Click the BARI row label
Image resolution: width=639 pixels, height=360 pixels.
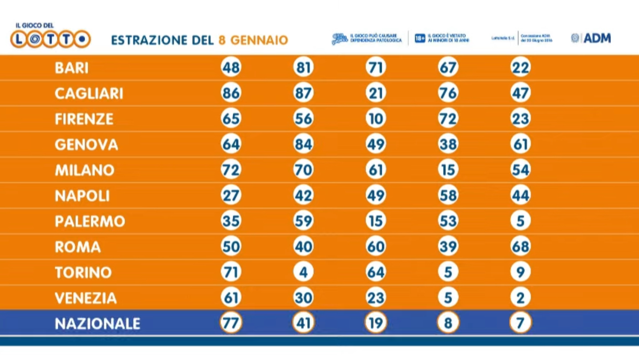coord(72,68)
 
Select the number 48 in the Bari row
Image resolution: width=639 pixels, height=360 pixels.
coord(231,68)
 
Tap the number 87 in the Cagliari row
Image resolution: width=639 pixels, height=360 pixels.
coord(303,93)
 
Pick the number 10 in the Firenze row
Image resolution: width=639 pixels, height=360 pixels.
coord(376,119)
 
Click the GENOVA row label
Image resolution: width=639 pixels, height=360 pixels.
coord(86,145)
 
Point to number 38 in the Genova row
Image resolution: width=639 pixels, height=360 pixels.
coord(448,145)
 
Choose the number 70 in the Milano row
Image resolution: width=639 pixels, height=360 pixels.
coord(303,170)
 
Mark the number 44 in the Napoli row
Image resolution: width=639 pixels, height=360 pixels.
coord(520,196)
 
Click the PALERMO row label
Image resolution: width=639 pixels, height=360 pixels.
coord(90,221)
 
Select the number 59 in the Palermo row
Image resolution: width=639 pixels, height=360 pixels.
coord(303,221)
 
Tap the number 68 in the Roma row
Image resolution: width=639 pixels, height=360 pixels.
coord(520,247)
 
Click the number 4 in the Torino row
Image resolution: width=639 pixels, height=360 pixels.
coord(303,272)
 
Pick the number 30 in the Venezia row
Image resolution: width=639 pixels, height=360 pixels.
coord(303,298)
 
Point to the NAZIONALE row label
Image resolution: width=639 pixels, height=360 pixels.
coord(97,324)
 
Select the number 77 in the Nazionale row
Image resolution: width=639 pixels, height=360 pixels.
coord(231,324)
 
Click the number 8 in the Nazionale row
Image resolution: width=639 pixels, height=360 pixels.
coord(448,324)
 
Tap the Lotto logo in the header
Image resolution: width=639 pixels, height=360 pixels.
coord(50,39)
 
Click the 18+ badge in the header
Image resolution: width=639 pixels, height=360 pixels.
coord(420,39)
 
